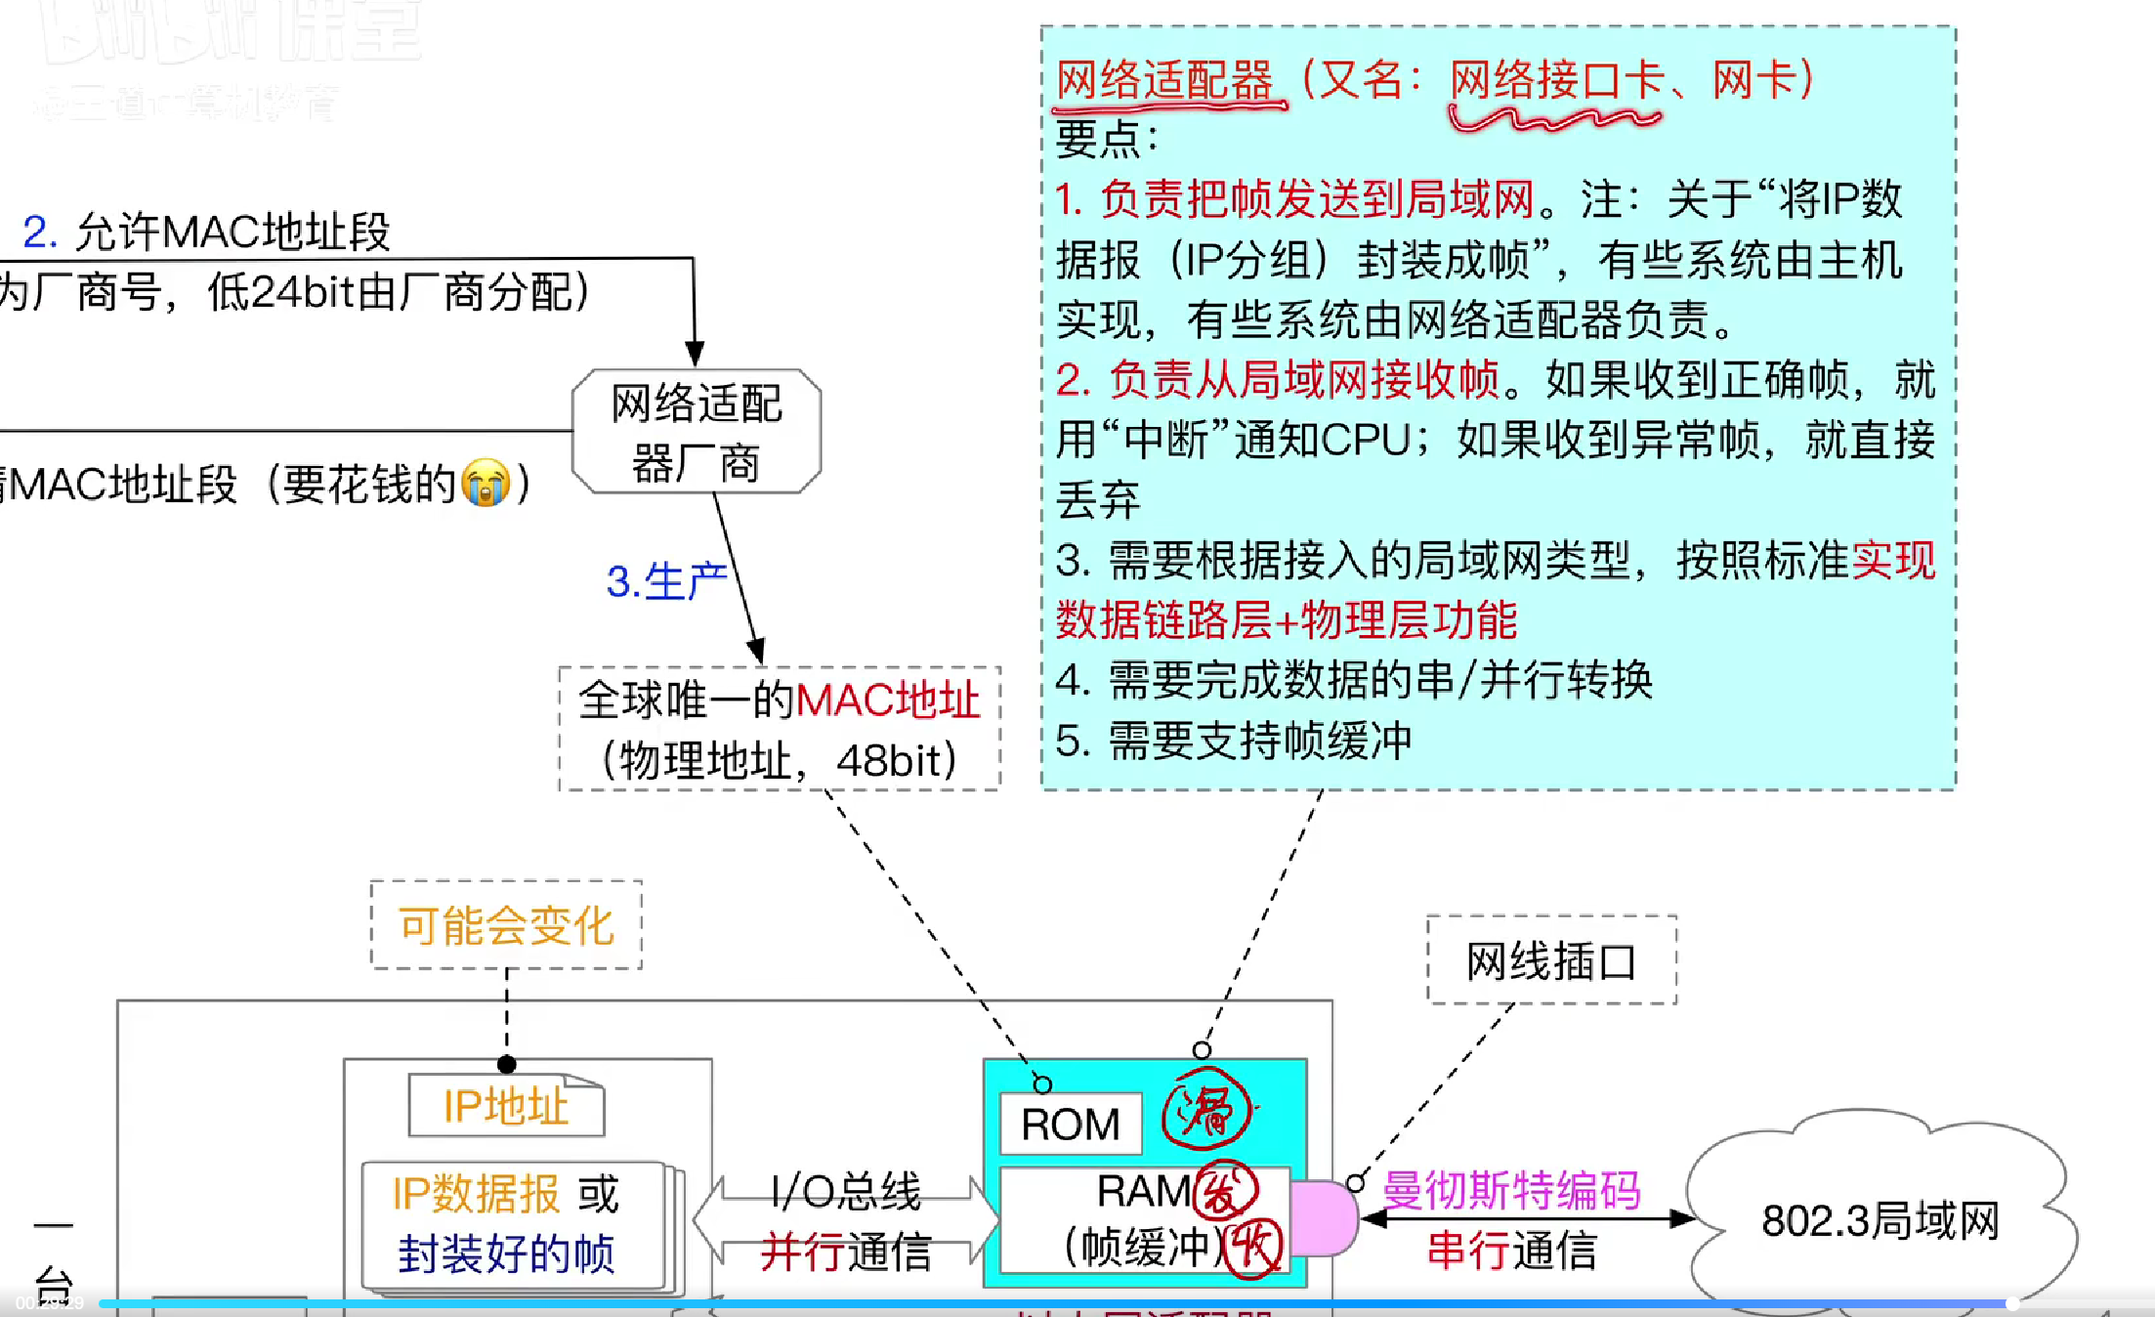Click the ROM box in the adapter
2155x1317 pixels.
point(1070,1124)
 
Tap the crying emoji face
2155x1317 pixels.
point(486,482)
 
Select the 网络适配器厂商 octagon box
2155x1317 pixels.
point(696,431)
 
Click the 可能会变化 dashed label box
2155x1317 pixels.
point(506,924)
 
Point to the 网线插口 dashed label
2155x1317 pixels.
point(1551,960)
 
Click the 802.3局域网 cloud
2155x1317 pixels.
point(1880,1219)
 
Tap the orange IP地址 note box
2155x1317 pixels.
point(506,1106)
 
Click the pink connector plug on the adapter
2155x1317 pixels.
point(1324,1217)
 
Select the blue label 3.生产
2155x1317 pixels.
point(666,581)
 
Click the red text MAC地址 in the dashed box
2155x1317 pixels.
point(887,700)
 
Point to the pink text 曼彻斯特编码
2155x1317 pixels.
point(1511,1190)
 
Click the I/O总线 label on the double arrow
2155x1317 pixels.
point(845,1190)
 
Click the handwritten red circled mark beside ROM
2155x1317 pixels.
point(1206,1112)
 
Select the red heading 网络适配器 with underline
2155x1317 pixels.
point(1164,80)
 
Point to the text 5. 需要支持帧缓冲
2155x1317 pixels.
point(1234,740)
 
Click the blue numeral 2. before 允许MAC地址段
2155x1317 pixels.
point(40,232)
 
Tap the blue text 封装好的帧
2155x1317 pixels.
point(506,1253)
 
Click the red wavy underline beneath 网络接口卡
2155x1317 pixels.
point(1553,119)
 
